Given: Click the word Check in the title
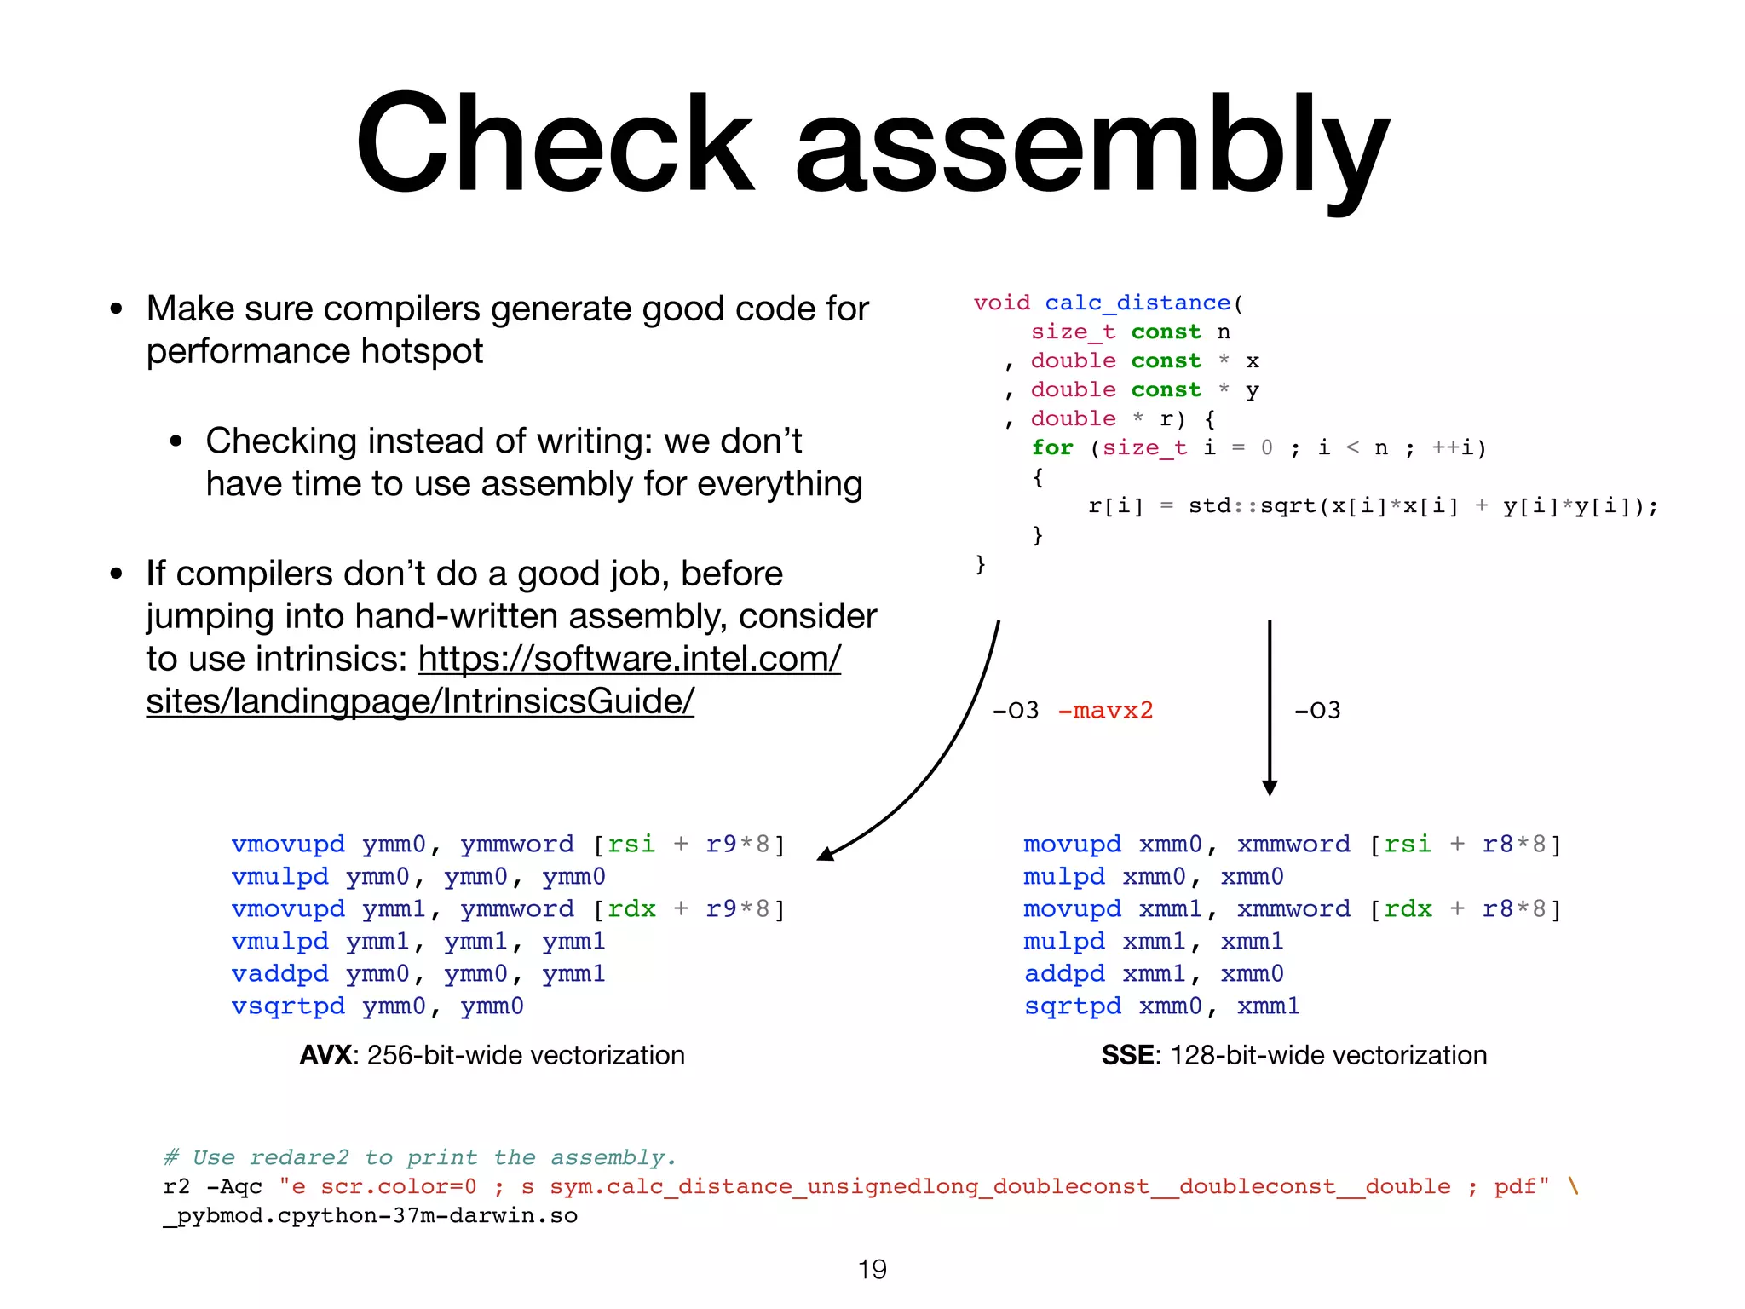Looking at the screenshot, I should coord(554,145).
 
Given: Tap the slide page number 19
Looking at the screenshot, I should coord(872,1270).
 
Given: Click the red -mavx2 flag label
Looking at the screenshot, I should coord(1105,710).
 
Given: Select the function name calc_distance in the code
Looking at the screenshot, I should coord(1137,303).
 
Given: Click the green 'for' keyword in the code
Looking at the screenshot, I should coord(1052,447).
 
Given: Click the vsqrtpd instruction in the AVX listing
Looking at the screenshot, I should coord(288,1006).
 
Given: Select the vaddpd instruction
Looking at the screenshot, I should coord(279,973).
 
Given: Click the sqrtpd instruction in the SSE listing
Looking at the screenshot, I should coord(1073,1006).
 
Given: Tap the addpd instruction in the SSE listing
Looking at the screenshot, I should coord(1064,973).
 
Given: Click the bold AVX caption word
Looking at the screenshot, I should coord(325,1055).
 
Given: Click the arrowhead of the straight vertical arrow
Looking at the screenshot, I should coord(1270,787).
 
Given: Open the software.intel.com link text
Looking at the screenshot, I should coord(629,659).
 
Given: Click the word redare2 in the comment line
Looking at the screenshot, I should coord(299,1157).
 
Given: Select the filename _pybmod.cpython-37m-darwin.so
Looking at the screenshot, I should coord(371,1215).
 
